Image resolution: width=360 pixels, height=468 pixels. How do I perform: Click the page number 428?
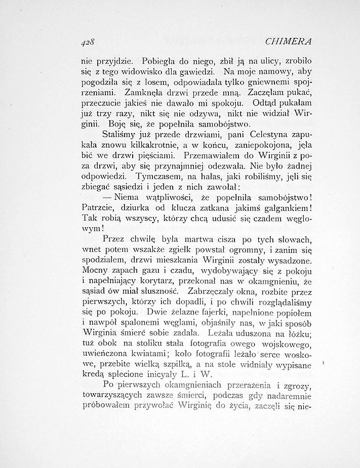[x=89, y=41]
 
